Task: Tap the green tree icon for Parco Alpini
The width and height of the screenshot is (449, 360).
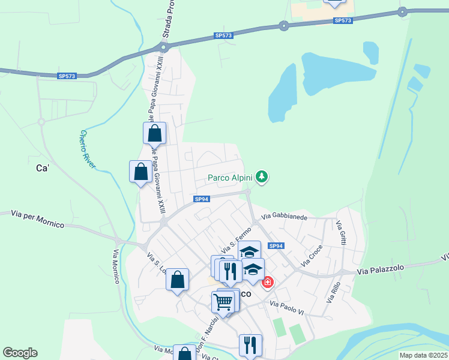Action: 261,176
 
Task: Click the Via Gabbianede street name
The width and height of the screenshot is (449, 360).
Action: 284,216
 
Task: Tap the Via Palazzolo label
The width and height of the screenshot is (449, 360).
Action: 382,272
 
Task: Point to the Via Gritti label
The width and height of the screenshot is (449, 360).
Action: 340,232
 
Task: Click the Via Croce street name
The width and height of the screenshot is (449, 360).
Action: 312,255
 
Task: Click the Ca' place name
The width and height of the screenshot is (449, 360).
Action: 43,169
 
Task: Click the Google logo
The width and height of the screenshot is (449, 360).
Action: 20,353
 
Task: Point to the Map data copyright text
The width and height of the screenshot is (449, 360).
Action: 423,355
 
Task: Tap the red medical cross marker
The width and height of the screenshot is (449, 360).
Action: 267,281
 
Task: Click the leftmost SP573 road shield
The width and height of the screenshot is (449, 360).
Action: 67,76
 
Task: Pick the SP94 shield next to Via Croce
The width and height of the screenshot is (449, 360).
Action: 276,246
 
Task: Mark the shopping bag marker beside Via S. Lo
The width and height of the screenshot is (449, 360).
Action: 177,280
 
